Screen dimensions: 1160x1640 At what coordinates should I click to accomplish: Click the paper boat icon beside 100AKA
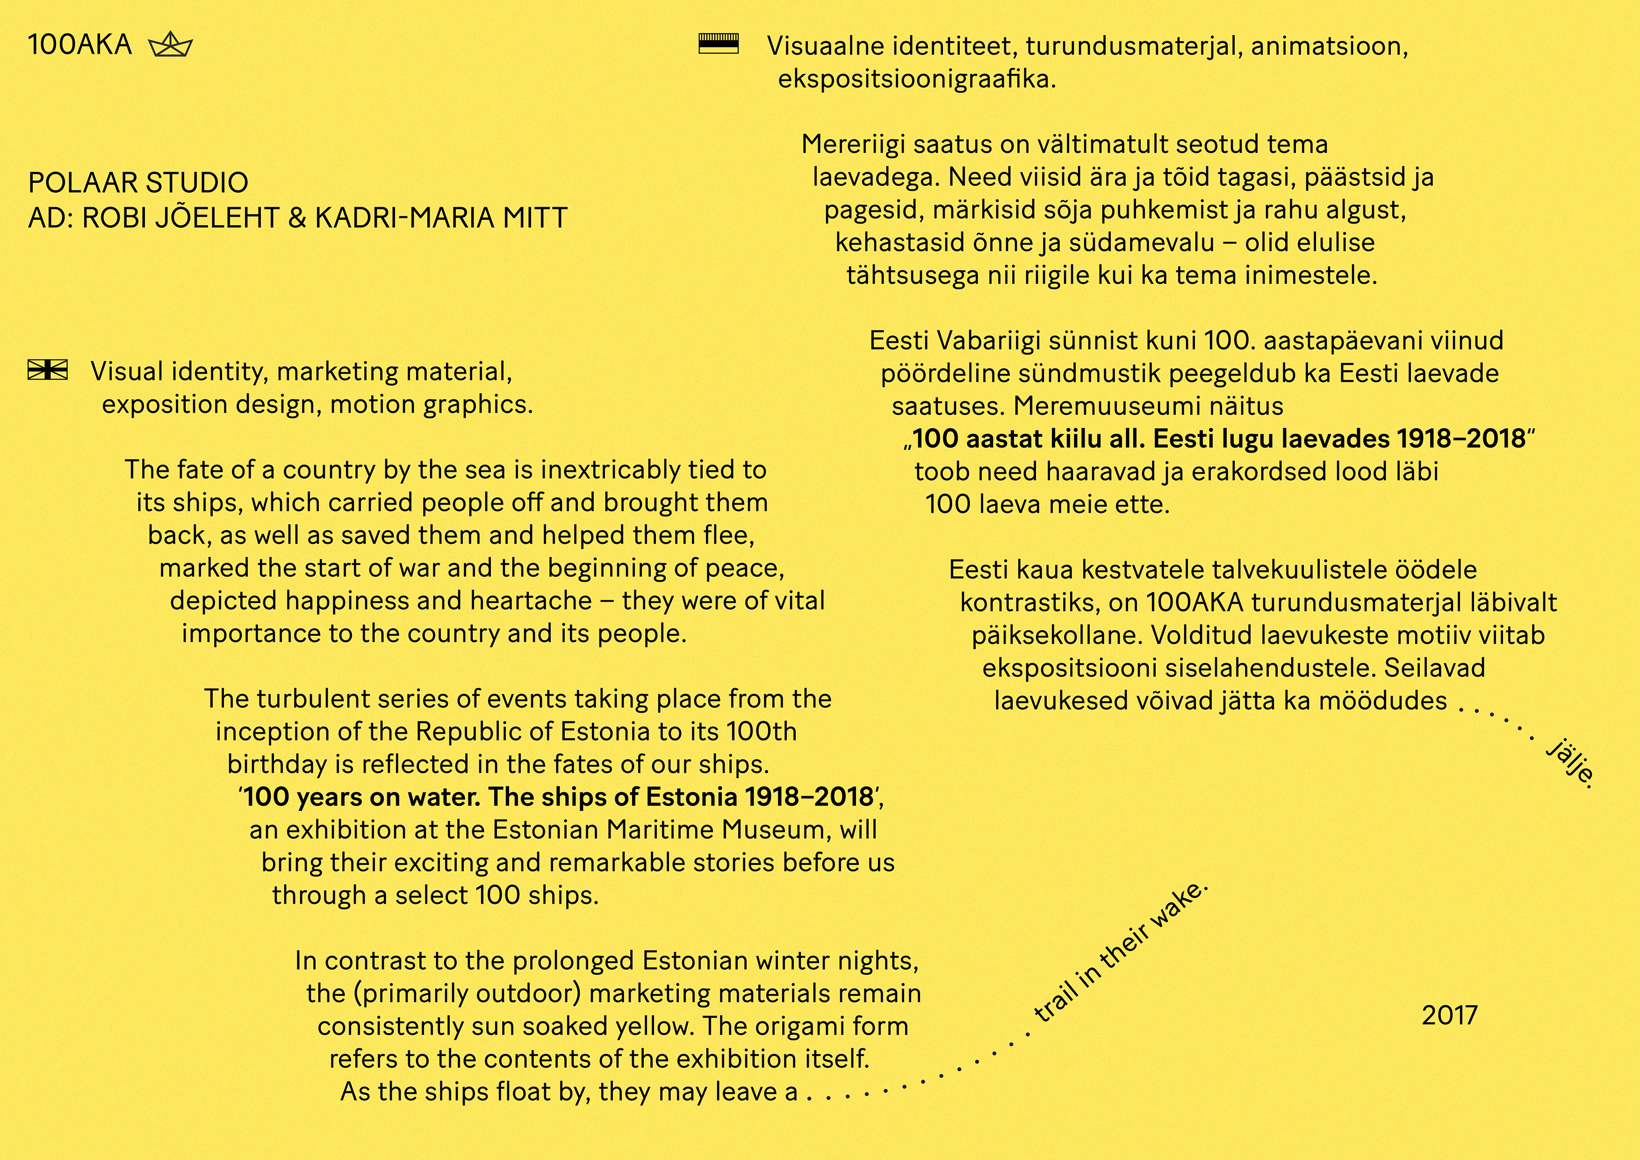pos(171,46)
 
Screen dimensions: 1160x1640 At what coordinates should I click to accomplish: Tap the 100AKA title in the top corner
pos(79,45)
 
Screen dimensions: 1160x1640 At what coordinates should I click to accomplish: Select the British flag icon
pos(48,369)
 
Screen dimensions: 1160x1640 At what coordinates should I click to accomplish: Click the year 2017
pos(1449,1015)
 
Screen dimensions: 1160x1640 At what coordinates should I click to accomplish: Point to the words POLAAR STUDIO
pos(138,183)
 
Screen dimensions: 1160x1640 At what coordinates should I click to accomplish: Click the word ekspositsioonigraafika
pos(916,79)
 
